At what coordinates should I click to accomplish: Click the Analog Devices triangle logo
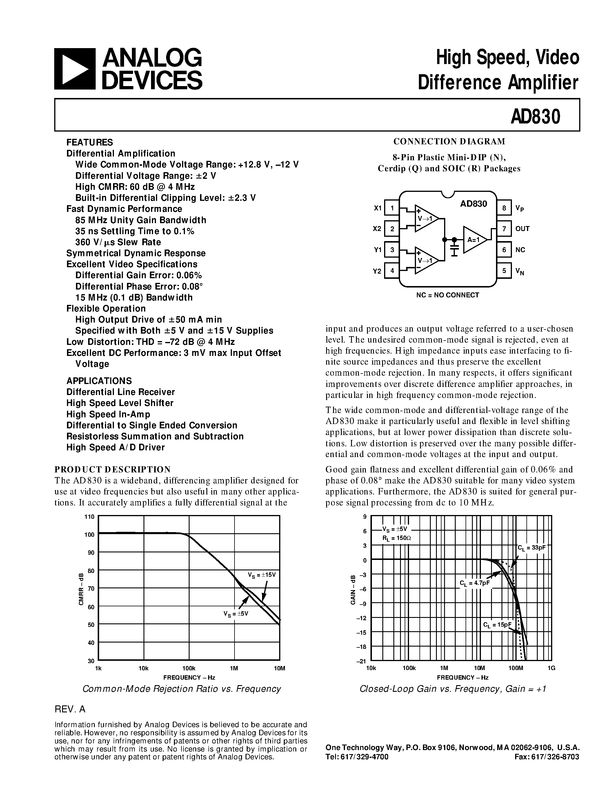click(75, 69)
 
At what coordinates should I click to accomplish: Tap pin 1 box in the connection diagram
click(392, 208)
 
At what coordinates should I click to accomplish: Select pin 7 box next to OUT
click(504, 229)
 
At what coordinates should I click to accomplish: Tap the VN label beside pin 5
click(520, 271)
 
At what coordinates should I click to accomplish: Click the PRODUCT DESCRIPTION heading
click(112, 469)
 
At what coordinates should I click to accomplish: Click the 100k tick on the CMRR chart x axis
click(189, 668)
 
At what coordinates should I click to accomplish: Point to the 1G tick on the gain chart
click(551, 668)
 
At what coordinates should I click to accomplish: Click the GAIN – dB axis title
click(353, 589)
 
